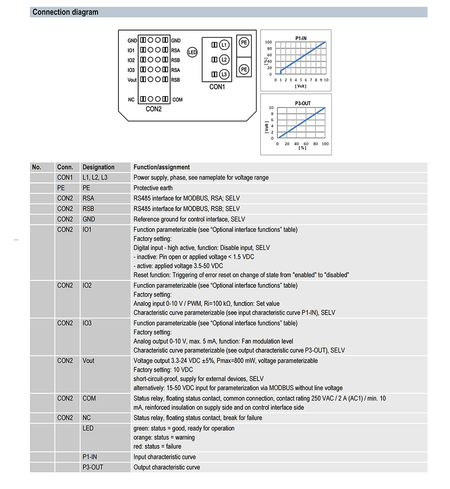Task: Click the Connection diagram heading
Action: coord(65,12)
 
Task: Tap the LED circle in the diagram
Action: coord(192,53)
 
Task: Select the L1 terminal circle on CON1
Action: coord(224,45)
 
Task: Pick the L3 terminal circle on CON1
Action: coord(224,74)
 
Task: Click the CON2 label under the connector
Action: coord(153,109)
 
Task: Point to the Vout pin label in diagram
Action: coord(132,80)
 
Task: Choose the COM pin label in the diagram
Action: coord(177,99)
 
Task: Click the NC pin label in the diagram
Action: coord(131,99)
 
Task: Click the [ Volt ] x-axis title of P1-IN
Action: coord(301,86)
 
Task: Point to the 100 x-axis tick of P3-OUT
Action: coord(325,144)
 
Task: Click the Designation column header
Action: coord(99,167)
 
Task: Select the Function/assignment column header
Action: coord(162,167)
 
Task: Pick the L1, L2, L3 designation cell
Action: coord(95,178)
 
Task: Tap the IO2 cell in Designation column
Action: coord(87,285)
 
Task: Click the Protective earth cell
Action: coord(153,188)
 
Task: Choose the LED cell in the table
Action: coord(88,428)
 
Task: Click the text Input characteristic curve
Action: coord(165,457)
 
